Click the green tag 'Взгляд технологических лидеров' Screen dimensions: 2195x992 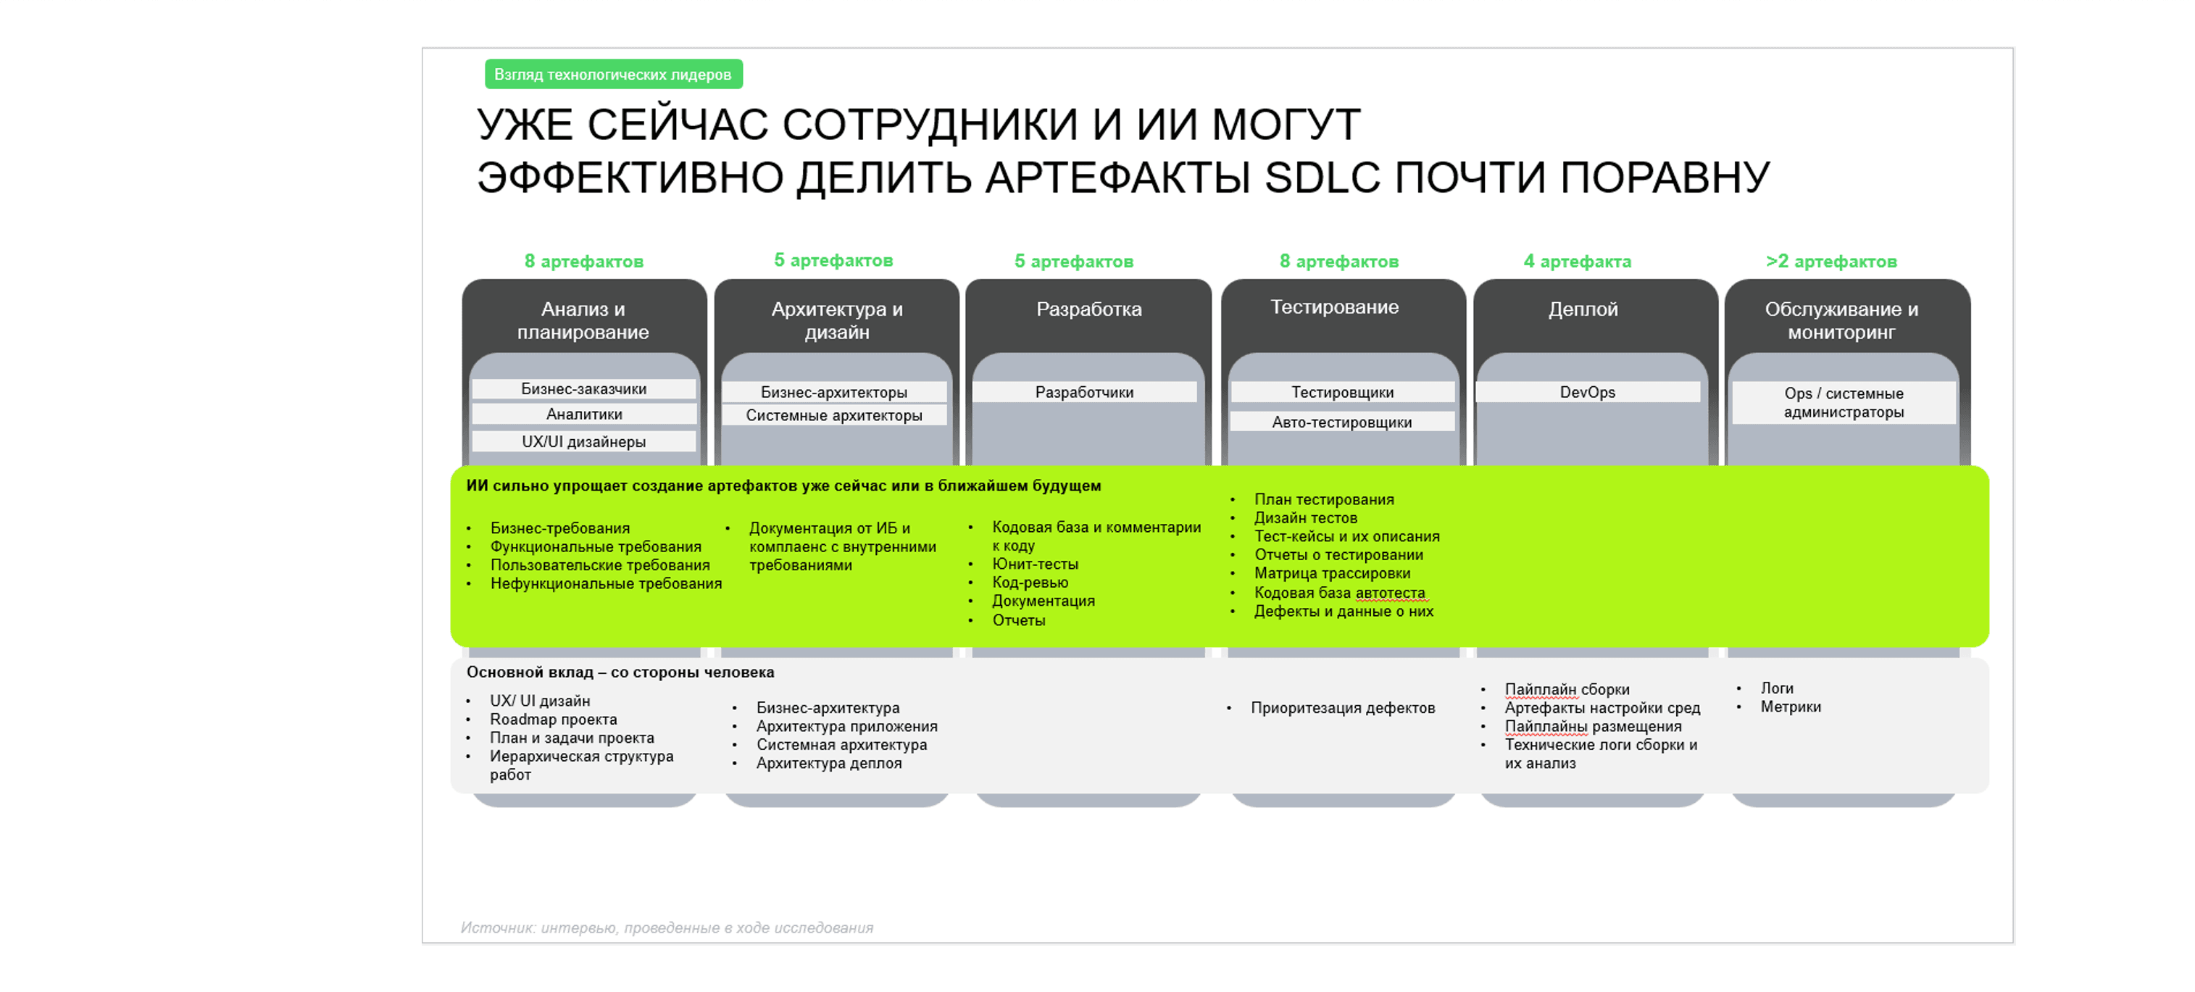(x=614, y=74)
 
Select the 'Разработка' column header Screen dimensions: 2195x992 (x=1088, y=309)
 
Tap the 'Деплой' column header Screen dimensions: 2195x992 (x=1583, y=309)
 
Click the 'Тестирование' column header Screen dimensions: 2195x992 (x=1334, y=307)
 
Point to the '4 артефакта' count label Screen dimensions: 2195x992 (x=1578, y=262)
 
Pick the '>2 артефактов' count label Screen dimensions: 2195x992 (x=1831, y=262)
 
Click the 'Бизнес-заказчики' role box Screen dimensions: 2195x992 (x=583, y=388)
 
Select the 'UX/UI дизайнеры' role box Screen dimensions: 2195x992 (x=583, y=441)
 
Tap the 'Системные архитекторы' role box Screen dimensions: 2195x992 (x=834, y=415)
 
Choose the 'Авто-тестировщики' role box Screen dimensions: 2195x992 (x=1342, y=422)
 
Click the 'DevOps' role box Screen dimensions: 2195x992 (x=1588, y=392)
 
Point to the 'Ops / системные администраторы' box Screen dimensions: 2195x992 (x=1844, y=402)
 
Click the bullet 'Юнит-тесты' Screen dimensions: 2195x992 (x=1036, y=564)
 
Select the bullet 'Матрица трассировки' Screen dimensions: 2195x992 (x=1332, y=574)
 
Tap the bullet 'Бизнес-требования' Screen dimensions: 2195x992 (x=560, y=528)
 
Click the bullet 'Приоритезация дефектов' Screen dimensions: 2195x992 (x=1343, y=707)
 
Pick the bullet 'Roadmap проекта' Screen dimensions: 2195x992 (x=553, y=720)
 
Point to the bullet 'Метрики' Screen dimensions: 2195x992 (x=1790, y=707)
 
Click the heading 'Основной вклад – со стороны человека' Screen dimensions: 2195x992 (x=620, y=672)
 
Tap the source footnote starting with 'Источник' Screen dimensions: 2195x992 (x=667, y=928)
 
